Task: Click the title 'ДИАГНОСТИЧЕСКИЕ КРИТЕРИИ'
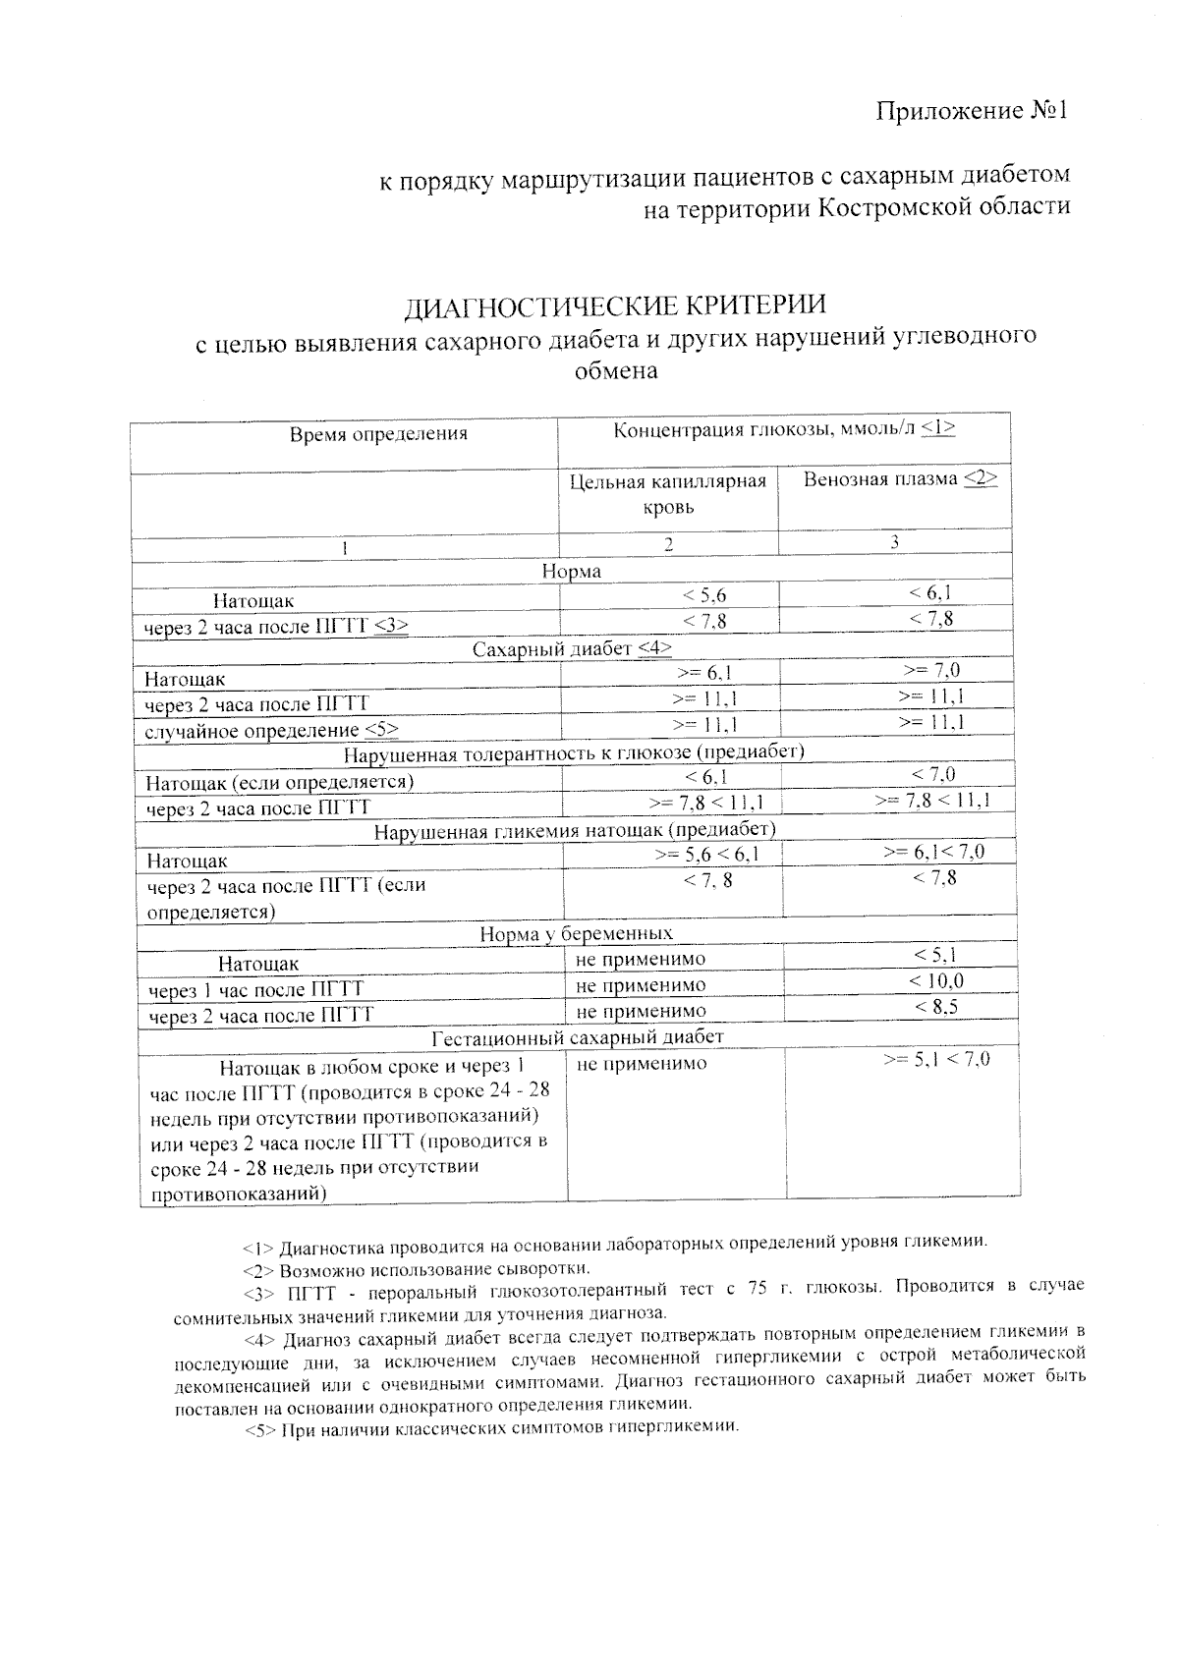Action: (x=616, y=306)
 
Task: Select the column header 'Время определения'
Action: (x=378, y=433)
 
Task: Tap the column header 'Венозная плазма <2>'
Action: (x=900, y=479)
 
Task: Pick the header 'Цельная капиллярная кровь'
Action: (x=668, y=494)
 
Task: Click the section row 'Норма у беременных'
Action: (x=576, y=933)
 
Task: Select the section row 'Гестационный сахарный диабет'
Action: (x=578, y=1037)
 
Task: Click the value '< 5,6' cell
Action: (x=704, y=595)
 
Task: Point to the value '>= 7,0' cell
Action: (x=930, y=671)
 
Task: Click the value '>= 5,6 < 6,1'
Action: (x=706, y=855)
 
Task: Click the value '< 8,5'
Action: (x=935, y=1007)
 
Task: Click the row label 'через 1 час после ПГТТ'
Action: (x=255, y=989)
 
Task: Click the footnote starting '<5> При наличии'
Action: (x=491, y=1428)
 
